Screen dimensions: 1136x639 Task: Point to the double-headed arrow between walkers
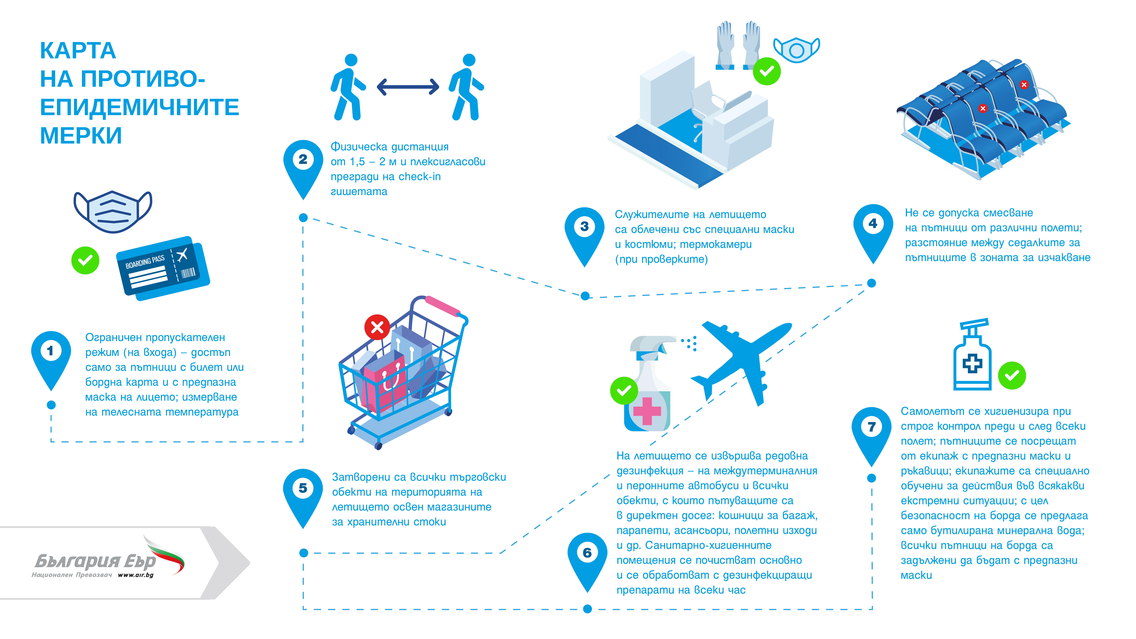(x=408, y=87)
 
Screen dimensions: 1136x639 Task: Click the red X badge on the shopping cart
(x=377, y=327)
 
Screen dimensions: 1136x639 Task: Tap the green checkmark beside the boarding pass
(x=85, y=260)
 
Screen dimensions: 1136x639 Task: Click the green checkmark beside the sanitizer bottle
(x=1012, y=376)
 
